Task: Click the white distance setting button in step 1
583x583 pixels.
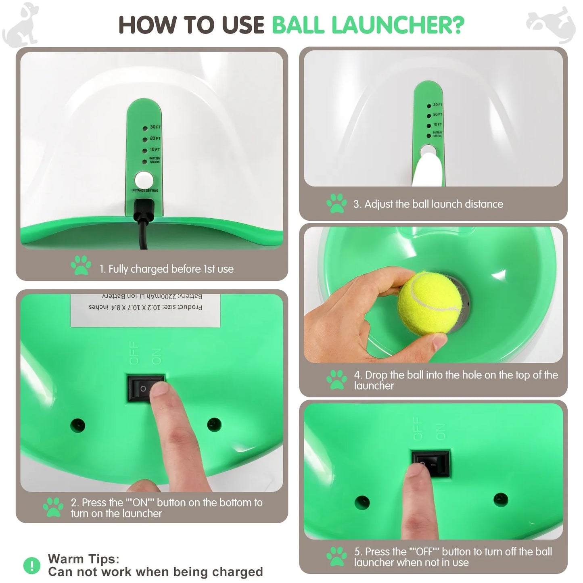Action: click(143, 180)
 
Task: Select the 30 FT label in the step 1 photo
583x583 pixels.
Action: click(155, 127)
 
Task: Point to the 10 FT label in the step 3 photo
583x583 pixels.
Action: click(437, 125)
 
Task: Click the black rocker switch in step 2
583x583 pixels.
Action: click(146, 389)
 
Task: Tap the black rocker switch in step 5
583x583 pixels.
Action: click(431, 464)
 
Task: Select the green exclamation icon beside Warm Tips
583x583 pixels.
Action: click(32, 565)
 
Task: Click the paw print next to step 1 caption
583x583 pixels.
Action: click(81, 265)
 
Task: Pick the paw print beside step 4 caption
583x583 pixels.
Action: click(336, 380)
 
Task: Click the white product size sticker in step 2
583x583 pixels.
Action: click(145, 309)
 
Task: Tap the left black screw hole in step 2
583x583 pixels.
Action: click(77, 425)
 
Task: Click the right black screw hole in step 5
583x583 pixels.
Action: click(501, 499)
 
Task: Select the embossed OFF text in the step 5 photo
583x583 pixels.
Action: click(418, 429)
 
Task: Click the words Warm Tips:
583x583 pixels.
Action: click(84, 559)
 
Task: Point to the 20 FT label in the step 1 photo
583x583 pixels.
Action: click(155, 138)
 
